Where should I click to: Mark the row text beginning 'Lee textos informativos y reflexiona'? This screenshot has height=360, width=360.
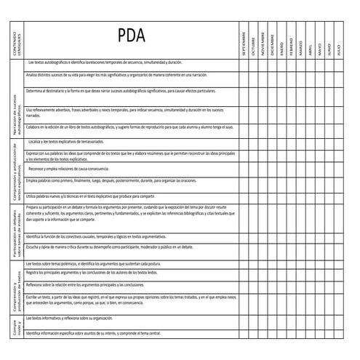pyautogui.click(x=69, y=319)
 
